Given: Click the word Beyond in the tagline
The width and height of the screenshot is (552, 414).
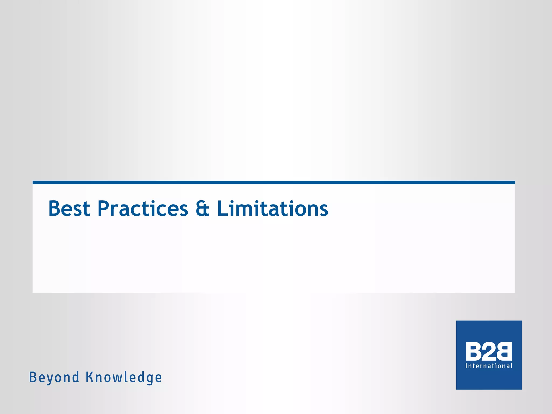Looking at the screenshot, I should pyautogui.click(x=54, y=377).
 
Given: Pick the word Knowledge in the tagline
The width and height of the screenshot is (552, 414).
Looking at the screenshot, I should pyautogui.click(x=124, y=377).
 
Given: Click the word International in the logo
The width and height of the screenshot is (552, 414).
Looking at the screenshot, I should pyautogui.click(x=489, y=366).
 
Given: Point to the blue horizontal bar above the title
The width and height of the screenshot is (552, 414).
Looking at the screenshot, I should pyautogui.click(x=274, y=182).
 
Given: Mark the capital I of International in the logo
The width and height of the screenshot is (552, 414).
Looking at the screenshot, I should pyautogui.click(x=467, y=366).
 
